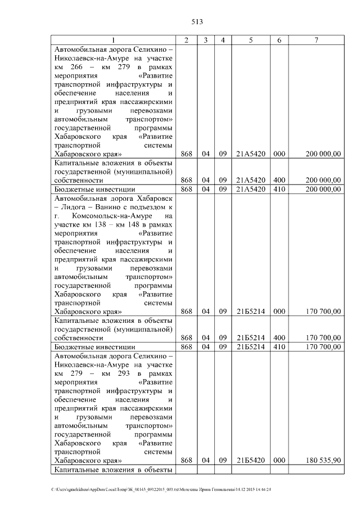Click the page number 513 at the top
point(196,22)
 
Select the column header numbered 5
point(251,40)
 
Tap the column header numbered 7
point(317,40)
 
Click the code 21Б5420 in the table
point(251,460)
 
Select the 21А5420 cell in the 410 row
point(251,189)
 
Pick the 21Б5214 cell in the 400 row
point(251,338)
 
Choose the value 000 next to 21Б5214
point(278,311)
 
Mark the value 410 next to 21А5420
point(278,189)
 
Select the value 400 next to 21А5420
point(278,180)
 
